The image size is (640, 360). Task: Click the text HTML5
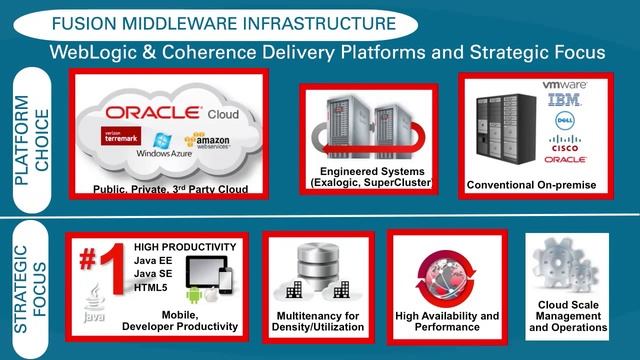(x=151, y=288)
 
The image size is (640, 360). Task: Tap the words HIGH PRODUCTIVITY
(x=185, y=246)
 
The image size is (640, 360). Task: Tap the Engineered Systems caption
(x=368, y=177)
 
